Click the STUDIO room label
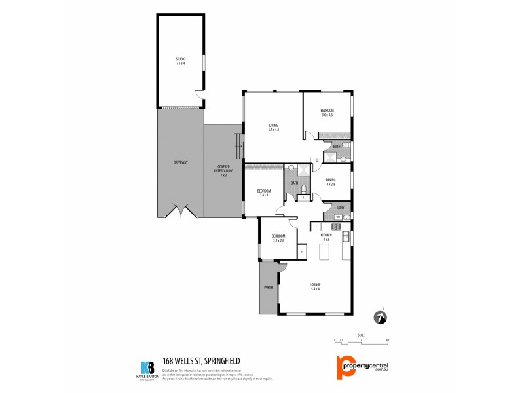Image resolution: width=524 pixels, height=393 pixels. pos(180,61)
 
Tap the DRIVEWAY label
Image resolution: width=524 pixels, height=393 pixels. pos(180,162)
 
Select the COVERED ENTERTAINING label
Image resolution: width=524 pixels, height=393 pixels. pos(223,172)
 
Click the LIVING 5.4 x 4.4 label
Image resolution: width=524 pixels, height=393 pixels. pos(273,128)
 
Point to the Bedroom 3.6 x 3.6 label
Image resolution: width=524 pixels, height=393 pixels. pos(327,113)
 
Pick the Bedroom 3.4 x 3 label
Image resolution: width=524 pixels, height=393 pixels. pos(265,193)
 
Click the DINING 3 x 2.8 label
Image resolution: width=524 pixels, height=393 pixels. pos(331,182)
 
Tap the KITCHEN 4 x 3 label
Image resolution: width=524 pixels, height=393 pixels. pos(326,236)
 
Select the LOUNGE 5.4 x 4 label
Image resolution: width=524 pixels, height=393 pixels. pos(315,286)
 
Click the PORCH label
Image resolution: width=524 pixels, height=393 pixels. pos(268,287)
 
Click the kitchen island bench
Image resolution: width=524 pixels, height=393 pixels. pos(324,252)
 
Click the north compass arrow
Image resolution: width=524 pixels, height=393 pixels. pos(380,318)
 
